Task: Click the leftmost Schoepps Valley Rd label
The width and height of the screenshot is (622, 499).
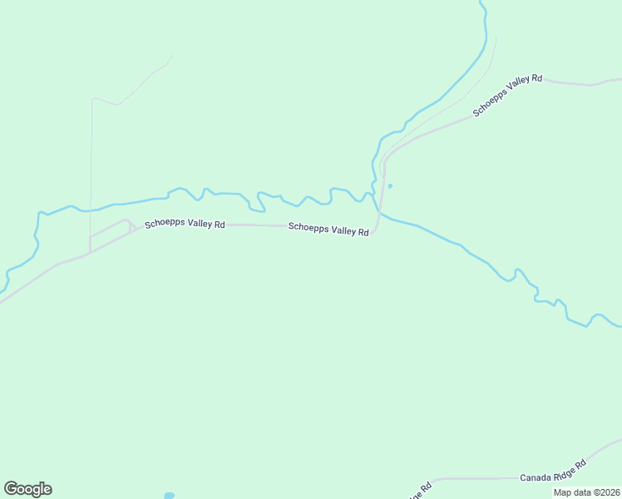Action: [185, 225]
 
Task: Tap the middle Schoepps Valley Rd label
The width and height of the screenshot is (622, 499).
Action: [328, 229]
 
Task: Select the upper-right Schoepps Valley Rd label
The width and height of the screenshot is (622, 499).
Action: [507, 96]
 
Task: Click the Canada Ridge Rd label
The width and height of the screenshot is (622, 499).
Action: [553, 471]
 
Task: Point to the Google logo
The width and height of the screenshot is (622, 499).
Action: [27, 489]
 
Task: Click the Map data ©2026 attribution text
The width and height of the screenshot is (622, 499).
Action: [587, 492]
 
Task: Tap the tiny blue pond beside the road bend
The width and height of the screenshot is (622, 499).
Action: [390, 185]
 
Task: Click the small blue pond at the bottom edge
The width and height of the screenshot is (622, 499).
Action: [170, 496]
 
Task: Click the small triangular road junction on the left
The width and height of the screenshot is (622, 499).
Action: [131, 227]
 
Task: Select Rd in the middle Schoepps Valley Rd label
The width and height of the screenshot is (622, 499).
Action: [363, 233]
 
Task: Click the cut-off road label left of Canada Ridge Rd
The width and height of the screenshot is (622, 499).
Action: [420, 491]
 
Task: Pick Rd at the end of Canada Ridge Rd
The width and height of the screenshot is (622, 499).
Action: [581, 462]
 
